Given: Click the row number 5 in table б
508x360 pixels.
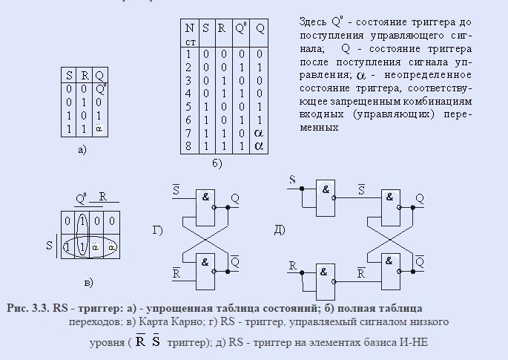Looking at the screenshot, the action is (x=188, y=107).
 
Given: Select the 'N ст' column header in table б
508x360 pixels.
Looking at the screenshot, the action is (x=190, y=33).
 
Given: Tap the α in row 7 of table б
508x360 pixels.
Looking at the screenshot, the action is (x=259, y=133).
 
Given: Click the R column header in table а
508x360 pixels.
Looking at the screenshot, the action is (x=85, y=76).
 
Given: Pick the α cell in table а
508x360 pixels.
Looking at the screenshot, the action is (x=99, y=128).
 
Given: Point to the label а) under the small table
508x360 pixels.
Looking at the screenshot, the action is (x=82, y=150).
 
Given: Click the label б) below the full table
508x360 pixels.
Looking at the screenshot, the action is (x=217, y=163).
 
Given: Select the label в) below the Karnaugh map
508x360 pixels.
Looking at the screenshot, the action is (x=88, y=283).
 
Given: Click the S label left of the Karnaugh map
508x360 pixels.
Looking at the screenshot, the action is (x=49, y=245).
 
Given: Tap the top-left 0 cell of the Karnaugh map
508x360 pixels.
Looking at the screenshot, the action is (x=67, y=221).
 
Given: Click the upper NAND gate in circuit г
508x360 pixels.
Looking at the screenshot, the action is (x=205, y=208).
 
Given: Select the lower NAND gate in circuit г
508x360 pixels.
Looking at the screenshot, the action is (x=205, y=272).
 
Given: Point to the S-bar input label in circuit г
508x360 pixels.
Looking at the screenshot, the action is (x=176, y=189).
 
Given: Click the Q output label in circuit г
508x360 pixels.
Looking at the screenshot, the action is (x=235, y=198).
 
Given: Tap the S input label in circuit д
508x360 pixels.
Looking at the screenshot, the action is (x=292, y=180).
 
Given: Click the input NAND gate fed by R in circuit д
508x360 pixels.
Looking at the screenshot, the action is (x=326, y=282).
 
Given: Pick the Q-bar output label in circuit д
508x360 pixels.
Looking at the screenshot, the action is (x=420, y=261).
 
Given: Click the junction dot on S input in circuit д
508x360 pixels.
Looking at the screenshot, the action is (x=302, y=189).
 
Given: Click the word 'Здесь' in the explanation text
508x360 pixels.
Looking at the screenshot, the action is (x=313, y=22).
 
